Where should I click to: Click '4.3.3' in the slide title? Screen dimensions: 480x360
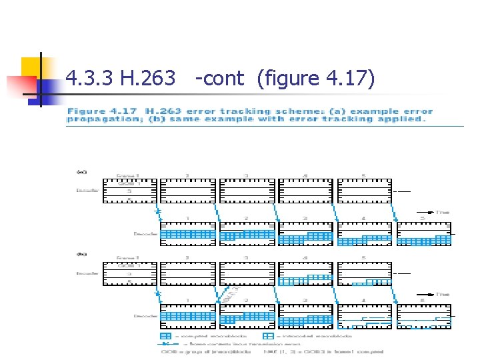(91, 79)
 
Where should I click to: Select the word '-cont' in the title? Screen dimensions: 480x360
(220, 79)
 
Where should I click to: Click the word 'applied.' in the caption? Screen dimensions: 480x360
(404, 119)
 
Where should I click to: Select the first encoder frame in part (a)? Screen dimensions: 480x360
(131, 190)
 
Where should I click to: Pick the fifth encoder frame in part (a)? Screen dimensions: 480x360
(365, 190)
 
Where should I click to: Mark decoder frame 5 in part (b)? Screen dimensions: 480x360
(423, 317)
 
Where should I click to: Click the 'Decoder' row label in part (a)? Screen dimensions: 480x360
(145, 234)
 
